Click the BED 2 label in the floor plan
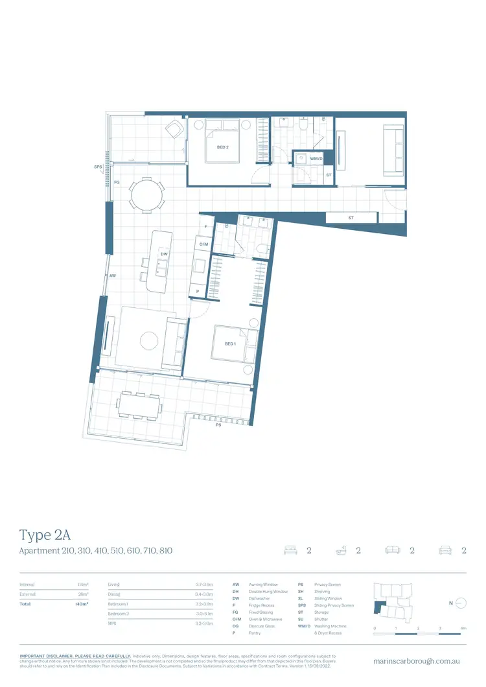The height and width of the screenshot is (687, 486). (222, 147)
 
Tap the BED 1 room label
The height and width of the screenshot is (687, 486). (230, 343)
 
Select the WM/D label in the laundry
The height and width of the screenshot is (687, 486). (316, 158)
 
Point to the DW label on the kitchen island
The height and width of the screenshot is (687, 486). (165, 255)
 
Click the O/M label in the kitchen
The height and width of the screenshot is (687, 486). (203, 244)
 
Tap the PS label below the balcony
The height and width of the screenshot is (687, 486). (218, 426)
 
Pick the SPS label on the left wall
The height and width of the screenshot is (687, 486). (97, 167)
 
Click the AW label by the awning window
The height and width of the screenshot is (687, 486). (112, 275)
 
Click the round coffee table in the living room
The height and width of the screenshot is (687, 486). (150, 341)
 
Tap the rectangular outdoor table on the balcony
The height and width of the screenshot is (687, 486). (139, 406)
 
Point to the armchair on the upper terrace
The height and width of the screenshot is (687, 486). (173, 130)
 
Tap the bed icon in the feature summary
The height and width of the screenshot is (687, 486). (289, 551)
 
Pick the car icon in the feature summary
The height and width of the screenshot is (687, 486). (445, 551)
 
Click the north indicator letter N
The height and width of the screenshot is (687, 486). (450, 603)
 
